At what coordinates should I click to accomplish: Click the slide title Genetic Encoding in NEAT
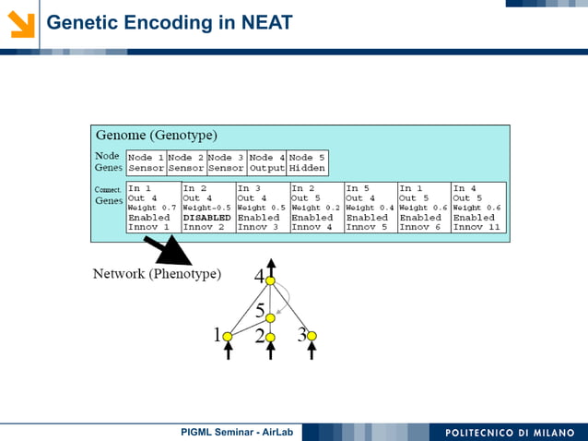[x=170, y=21]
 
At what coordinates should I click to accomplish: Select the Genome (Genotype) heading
[x=156, y=136]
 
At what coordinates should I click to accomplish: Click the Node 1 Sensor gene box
[x=146, y=162]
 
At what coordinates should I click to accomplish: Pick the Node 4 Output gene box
[x=266, y=162]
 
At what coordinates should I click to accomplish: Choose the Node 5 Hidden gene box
[x=307, y=162]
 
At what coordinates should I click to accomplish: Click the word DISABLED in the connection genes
[x=207, y=218]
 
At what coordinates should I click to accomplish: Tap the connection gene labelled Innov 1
[x=153, y=208]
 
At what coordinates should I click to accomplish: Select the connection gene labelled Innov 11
[x=478, y=208]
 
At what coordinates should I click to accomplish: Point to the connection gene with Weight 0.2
[x=316, y=208]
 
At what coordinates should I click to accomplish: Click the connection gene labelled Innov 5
[x=370, y=208]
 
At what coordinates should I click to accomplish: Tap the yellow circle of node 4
[x=270, y=280]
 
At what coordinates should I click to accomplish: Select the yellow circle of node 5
[x=270, y=317]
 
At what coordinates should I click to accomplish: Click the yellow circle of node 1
[x=229, y=336]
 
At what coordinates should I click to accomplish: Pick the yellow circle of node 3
[x=312, y=336]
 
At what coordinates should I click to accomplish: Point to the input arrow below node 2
[x=270, y=352]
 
